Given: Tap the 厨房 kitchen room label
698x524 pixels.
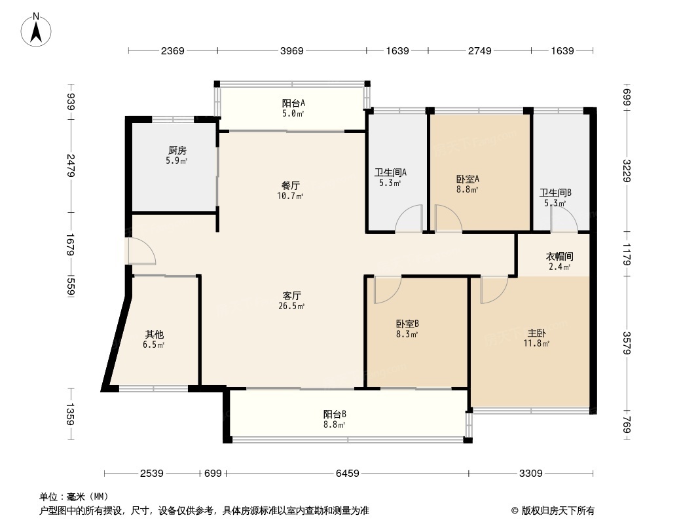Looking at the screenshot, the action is coord(177,151).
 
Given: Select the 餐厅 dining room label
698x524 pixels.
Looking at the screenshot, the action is coord(291,185).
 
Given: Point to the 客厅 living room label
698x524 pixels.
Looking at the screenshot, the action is coord(291,295).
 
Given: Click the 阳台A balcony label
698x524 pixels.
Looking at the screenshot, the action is coord(293,103).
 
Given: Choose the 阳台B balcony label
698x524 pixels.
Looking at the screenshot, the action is coord(335,414).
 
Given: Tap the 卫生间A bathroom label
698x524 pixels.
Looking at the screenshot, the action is coord(390,172).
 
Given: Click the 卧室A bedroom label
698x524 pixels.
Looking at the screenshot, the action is coord(468,179).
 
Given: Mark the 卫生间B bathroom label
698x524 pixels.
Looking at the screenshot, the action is coord(555,193).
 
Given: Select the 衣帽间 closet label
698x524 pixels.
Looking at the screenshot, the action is coord(560,257).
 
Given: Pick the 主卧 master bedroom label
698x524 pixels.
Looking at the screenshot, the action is coord(536,333).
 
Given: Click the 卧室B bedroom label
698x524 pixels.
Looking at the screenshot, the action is coord(407,324).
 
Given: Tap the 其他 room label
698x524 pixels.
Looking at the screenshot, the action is coord(154,334).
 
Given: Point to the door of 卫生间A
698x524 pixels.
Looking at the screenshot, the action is coord(409,218).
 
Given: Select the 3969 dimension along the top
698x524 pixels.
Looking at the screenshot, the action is coord(292,50).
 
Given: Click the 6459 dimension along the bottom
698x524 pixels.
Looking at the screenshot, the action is coord(347,474).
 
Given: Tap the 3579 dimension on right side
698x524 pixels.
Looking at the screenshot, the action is coord(627,343).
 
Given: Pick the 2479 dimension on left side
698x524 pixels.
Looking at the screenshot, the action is coord(70,165).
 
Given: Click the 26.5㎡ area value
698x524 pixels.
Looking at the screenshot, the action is coord(291,307).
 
